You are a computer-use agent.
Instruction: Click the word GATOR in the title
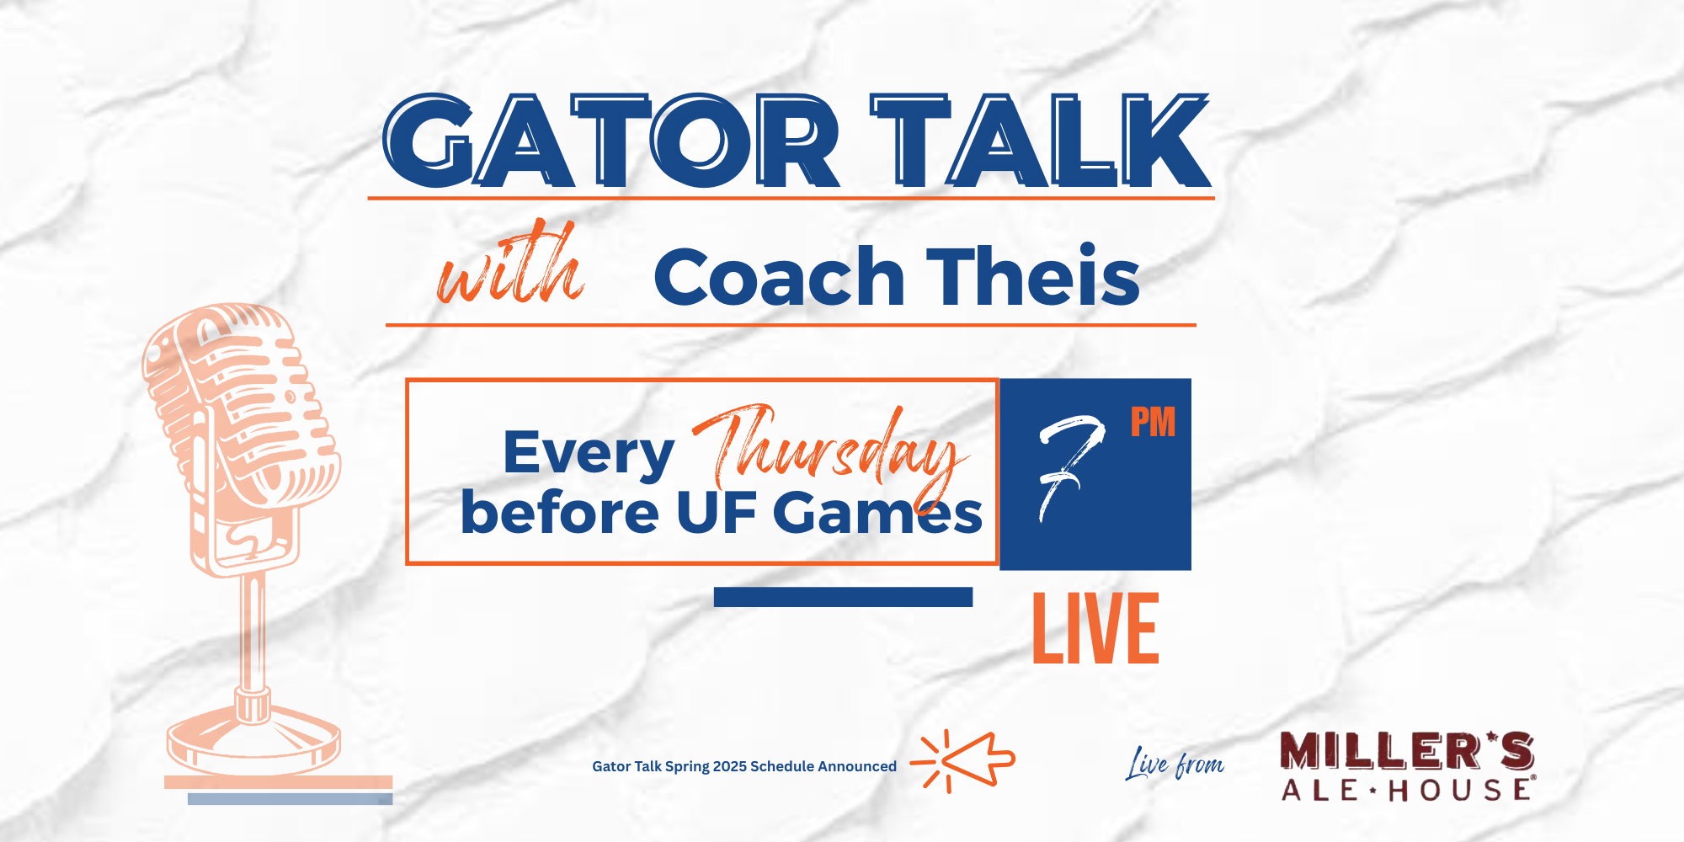coord(611,141)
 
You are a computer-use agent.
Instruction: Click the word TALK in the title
coord(1041,141)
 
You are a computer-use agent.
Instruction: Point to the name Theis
coord(1033,274)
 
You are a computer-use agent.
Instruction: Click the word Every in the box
coord(589,454)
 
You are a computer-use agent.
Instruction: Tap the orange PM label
coord(1153,422)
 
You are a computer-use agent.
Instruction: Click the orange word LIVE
coord(1095,628)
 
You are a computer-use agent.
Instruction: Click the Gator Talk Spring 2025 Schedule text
coord(744,766)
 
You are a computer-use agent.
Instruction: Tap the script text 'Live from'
coord(1175,764)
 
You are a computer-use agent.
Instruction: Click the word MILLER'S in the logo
coord(1407,750)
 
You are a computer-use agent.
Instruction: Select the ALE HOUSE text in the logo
coord(1407,790)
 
